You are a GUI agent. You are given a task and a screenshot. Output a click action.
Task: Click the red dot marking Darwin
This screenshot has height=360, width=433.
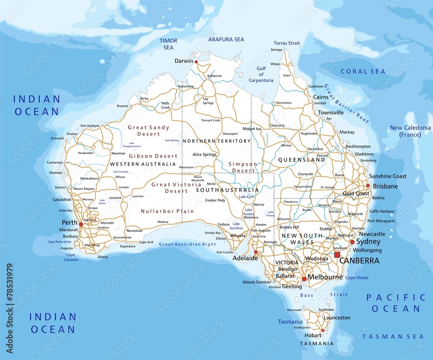coord(196,62)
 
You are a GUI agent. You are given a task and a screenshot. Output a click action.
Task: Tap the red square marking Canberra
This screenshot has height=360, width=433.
coord(337,255)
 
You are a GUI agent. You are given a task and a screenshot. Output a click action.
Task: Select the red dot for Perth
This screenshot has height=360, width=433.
coord(81,224)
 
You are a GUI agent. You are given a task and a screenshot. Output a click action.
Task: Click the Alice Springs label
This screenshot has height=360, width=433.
coord(204,154)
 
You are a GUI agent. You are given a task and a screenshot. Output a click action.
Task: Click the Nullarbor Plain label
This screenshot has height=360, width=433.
coord(167,211)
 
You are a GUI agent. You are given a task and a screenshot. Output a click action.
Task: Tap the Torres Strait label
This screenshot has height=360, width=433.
coord(287,43)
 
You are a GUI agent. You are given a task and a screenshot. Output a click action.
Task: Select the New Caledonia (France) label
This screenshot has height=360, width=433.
coord(410,131)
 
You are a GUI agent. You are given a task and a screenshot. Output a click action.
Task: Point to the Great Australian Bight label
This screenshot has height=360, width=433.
coord(187,244)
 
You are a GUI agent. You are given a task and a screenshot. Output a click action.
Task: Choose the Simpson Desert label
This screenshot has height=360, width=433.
coord(242,167)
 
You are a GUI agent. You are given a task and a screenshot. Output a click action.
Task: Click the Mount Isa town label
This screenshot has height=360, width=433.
coord(252,129)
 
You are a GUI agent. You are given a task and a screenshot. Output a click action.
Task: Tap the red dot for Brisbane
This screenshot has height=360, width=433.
coord(368,186)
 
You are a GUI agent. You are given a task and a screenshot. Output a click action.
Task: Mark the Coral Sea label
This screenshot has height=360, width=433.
coord(363,71)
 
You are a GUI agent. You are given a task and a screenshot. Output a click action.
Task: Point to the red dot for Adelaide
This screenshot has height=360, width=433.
coord(255,252)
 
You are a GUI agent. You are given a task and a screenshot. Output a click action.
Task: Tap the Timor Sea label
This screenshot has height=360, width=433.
coord(168,44)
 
